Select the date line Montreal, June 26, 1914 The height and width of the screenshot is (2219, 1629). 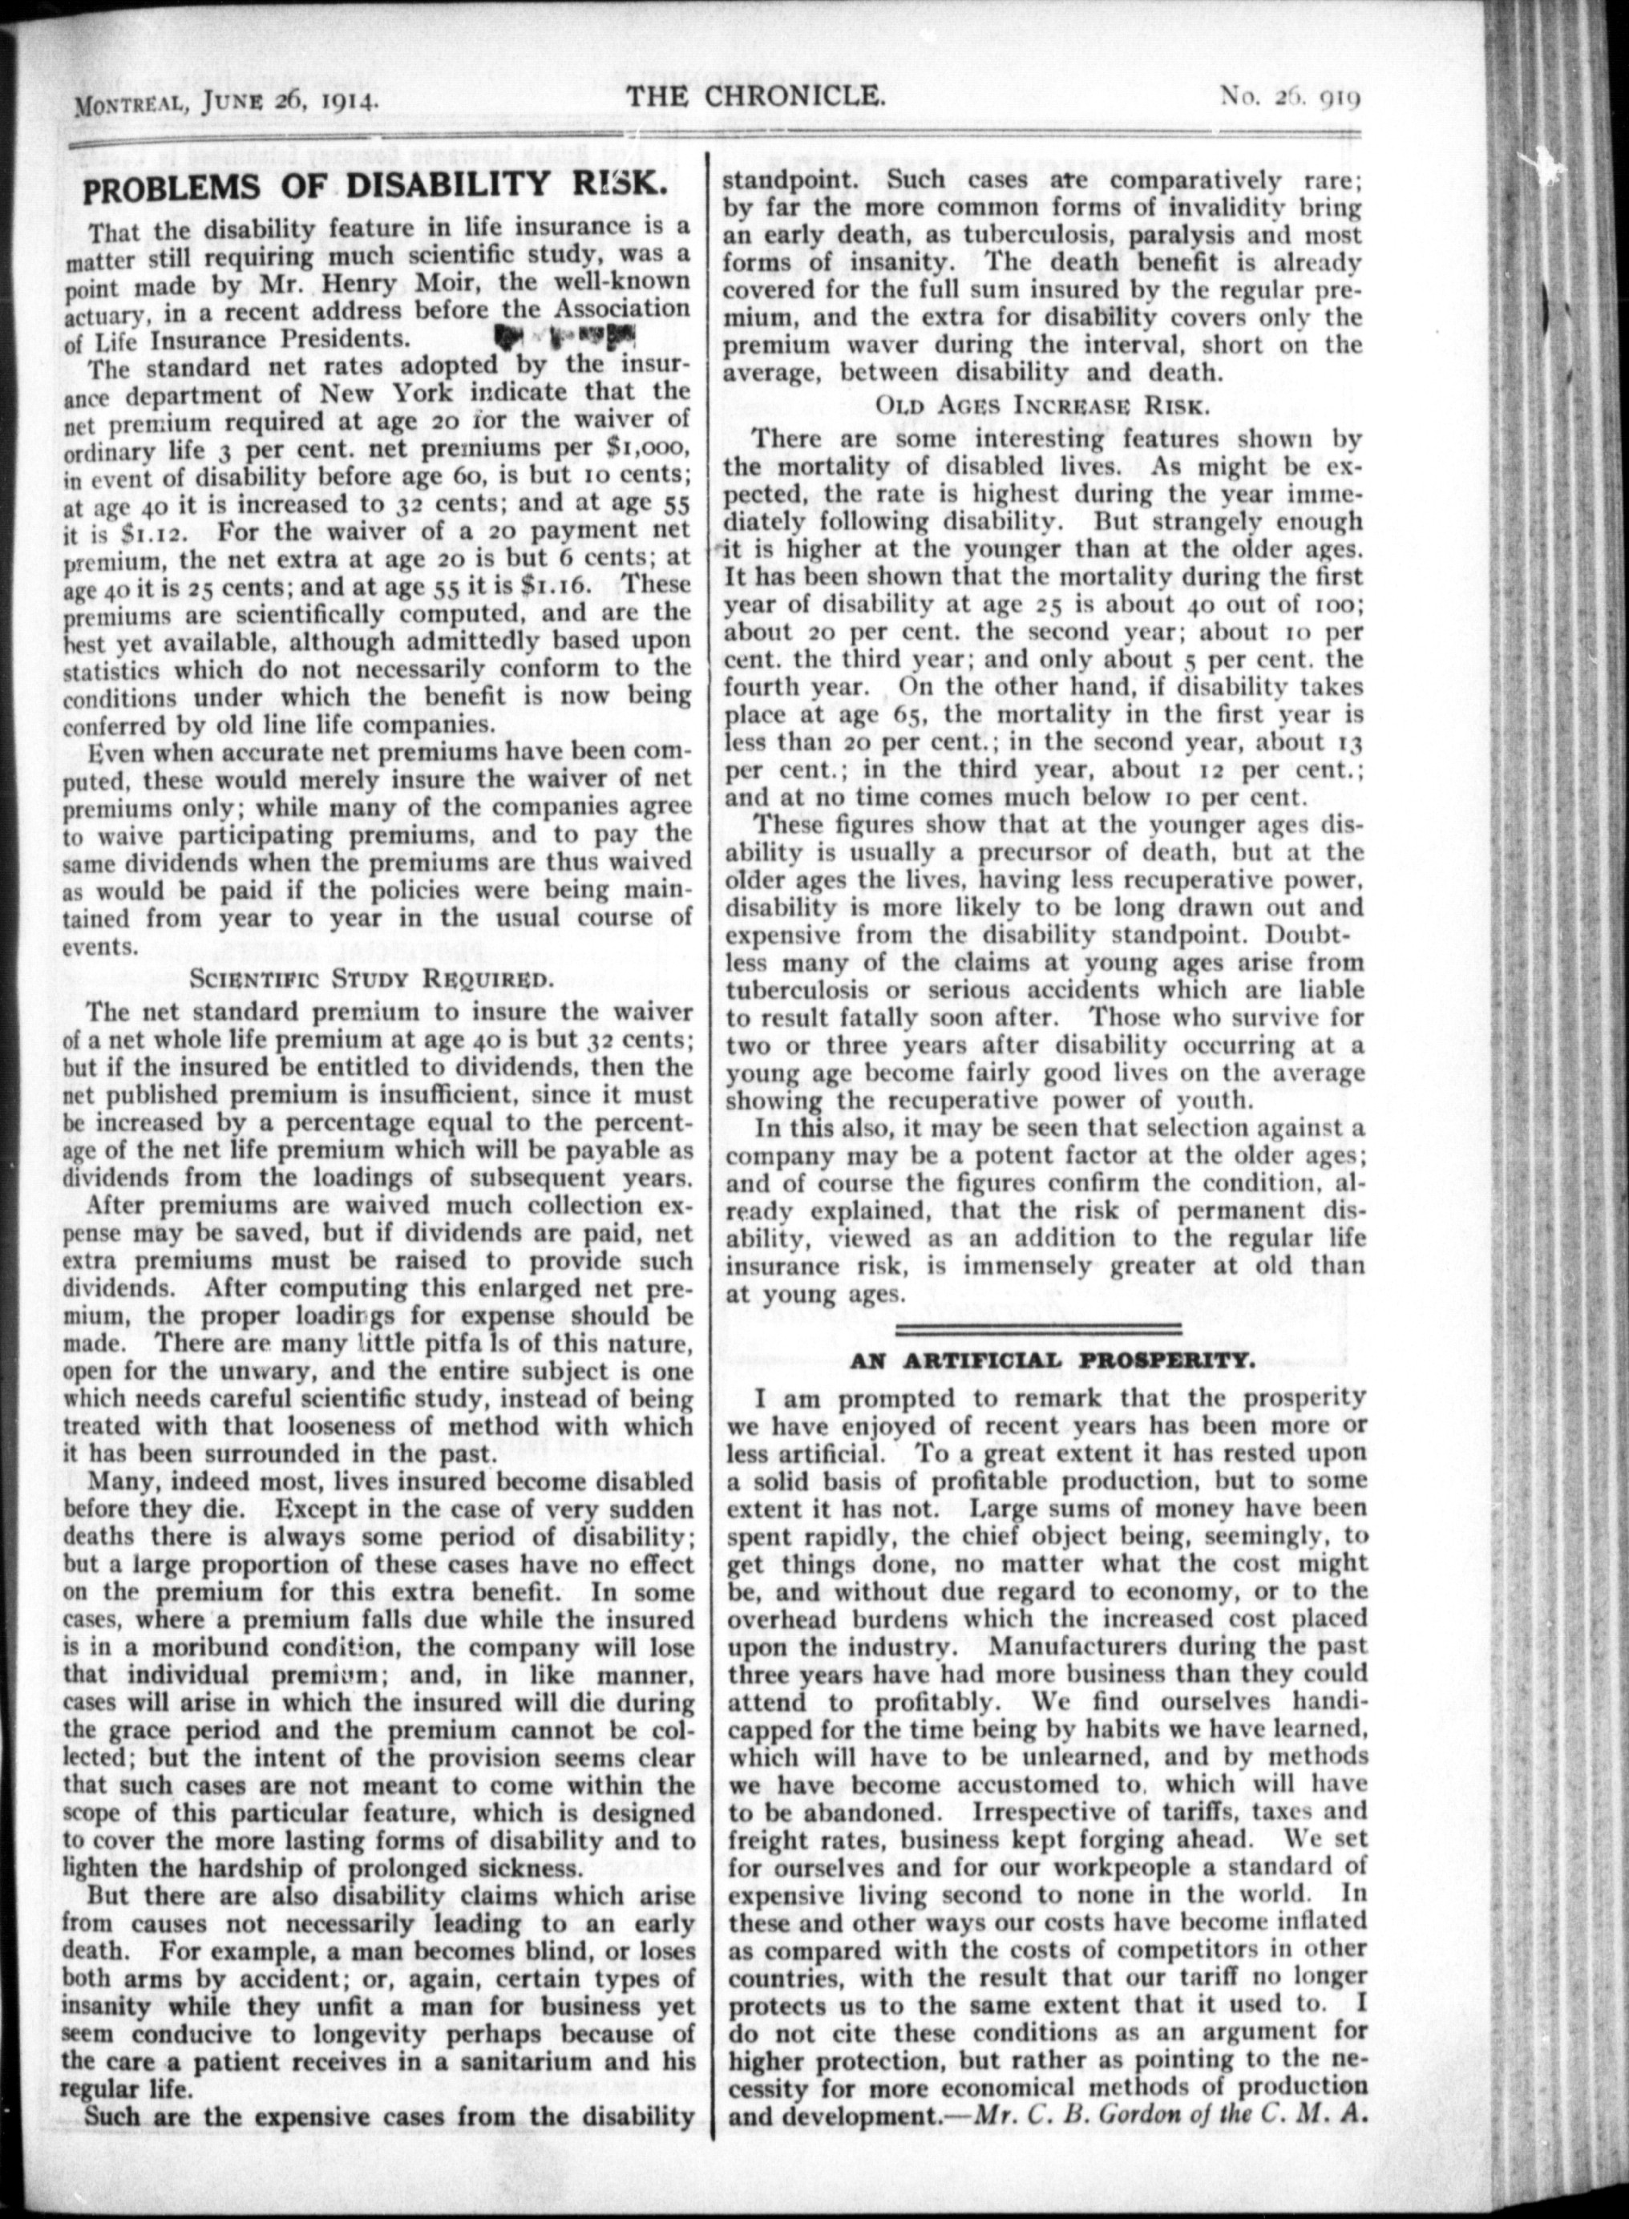pos(221,99)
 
